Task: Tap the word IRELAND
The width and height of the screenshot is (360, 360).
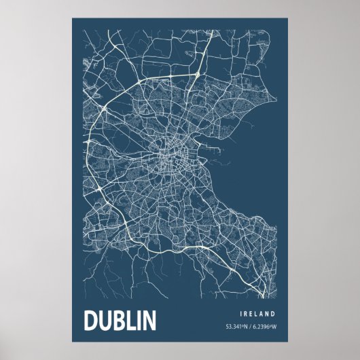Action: (257, 314)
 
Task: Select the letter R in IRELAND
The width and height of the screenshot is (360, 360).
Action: (246, 314)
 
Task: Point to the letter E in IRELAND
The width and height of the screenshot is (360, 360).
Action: (251, 314)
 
